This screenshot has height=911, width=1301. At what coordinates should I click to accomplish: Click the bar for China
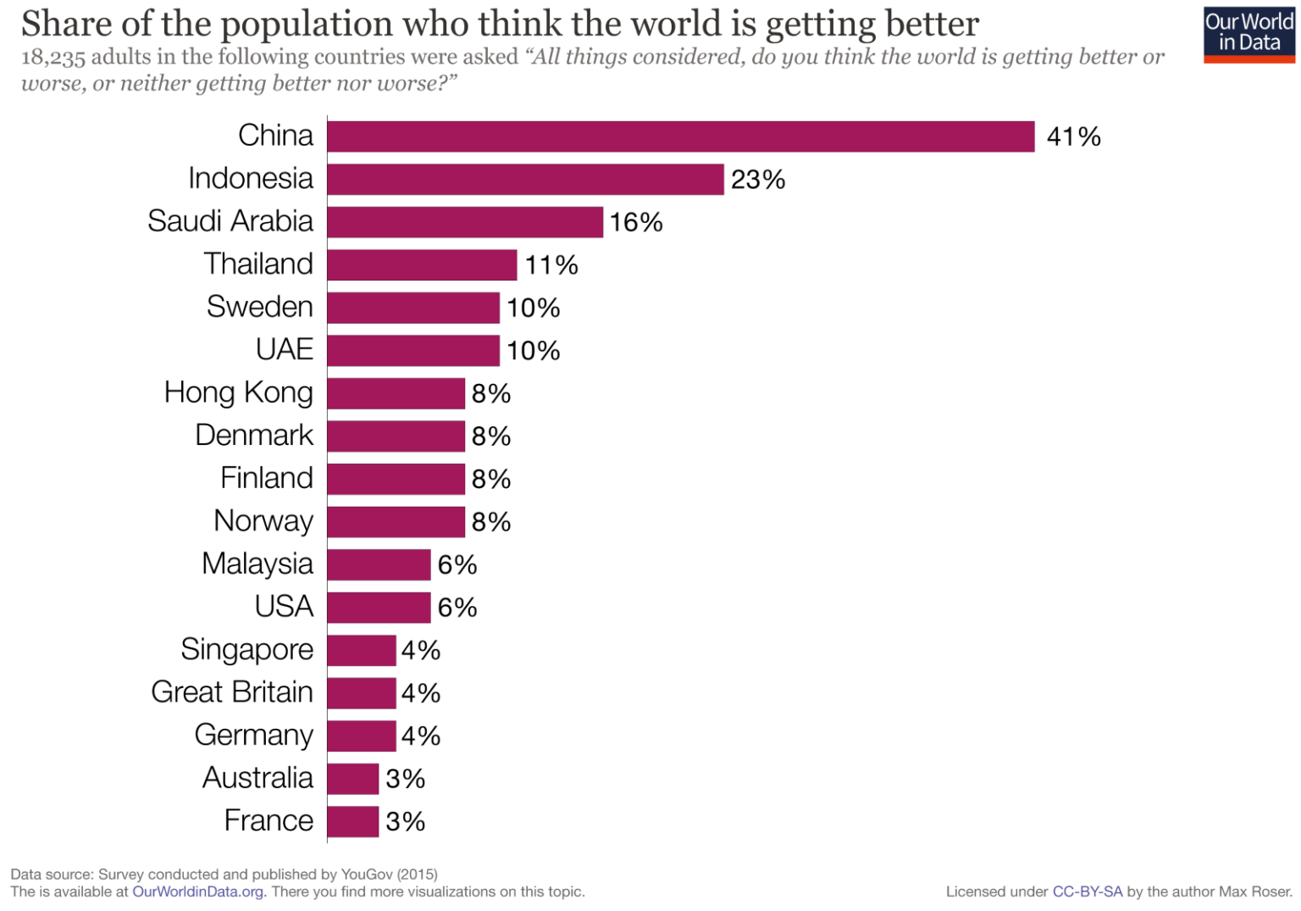680,136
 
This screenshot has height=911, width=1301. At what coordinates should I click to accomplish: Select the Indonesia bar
525,180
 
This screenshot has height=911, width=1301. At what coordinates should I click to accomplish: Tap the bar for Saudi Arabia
465,222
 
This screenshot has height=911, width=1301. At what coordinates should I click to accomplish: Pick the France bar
352,821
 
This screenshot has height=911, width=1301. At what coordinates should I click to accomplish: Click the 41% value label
1073,136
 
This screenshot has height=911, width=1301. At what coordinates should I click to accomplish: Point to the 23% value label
757,180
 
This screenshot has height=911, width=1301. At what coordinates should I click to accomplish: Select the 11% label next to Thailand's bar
551,265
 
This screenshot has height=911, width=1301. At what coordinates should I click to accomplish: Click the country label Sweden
259,307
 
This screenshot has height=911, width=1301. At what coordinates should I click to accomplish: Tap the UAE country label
284,349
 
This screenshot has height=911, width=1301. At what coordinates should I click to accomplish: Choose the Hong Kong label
238,392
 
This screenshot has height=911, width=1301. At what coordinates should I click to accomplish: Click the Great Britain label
231,692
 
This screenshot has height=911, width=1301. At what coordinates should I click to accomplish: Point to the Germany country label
253,735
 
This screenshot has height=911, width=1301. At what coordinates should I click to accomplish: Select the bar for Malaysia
379,564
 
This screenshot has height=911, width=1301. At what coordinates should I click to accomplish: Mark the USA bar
379,608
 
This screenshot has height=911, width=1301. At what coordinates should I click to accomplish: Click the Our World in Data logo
1248,34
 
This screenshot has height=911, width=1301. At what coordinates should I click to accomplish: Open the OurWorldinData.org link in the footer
199,892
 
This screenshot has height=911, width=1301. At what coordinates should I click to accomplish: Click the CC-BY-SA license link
1087,892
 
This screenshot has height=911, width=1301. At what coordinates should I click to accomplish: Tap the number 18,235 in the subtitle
53,58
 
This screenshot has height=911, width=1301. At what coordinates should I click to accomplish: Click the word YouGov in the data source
367,875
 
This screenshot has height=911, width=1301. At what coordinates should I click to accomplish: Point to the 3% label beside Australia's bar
405,779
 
